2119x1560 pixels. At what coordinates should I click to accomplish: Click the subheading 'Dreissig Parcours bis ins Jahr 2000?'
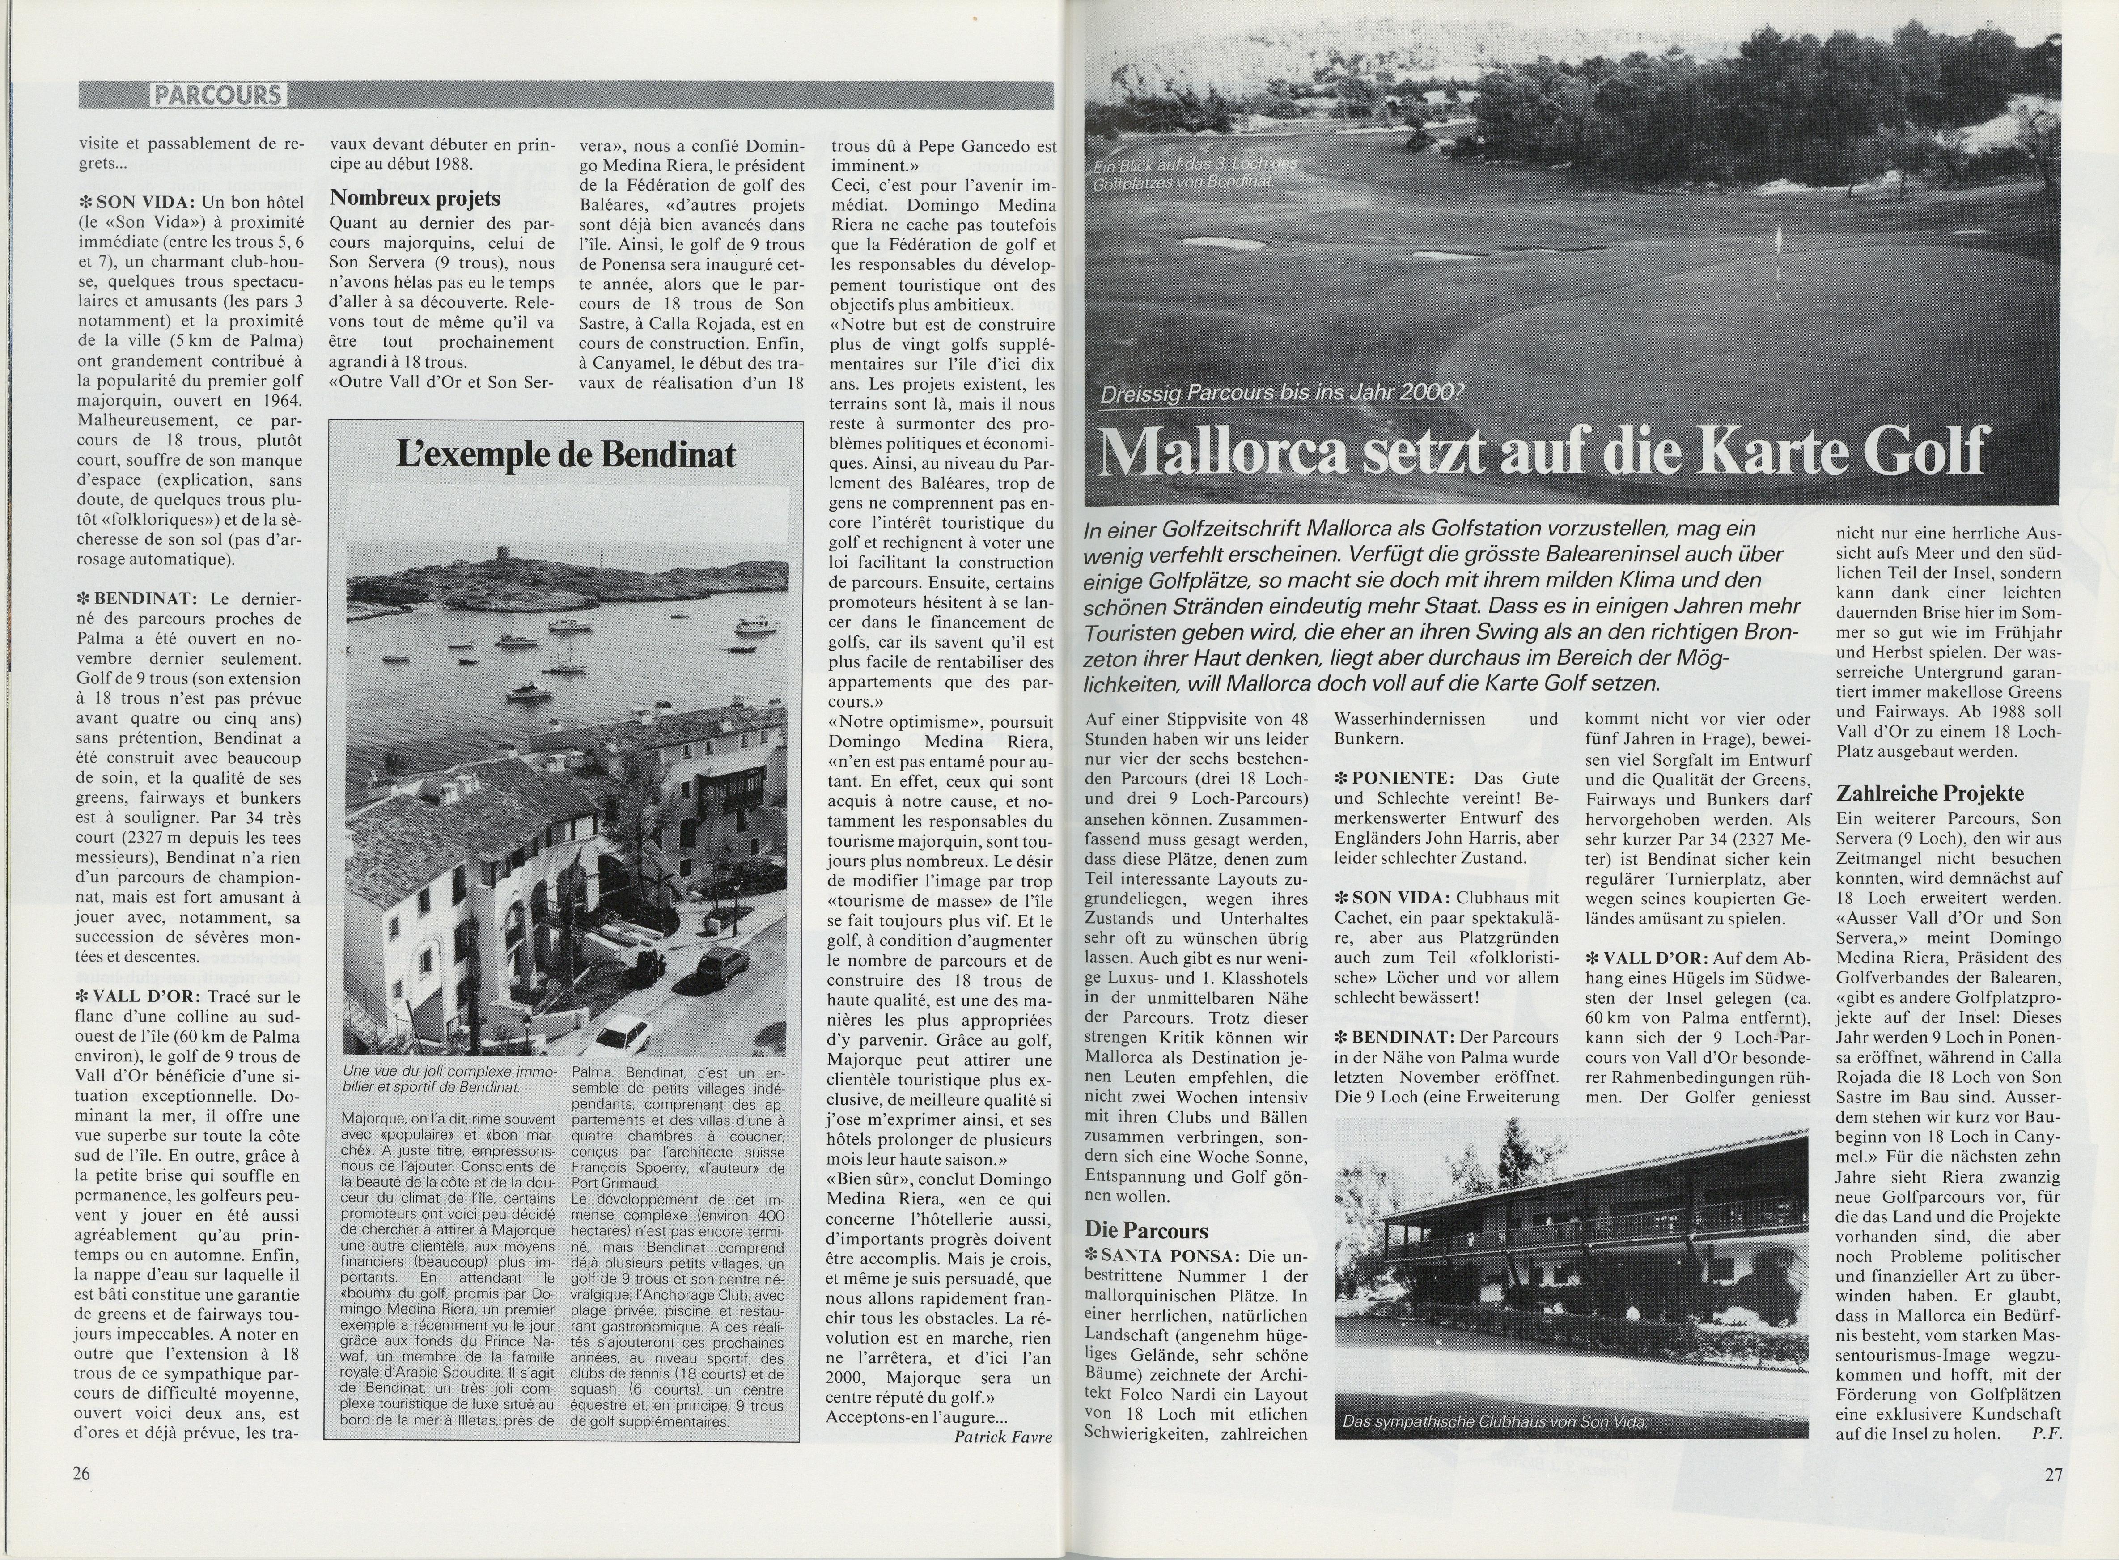[1280, 392]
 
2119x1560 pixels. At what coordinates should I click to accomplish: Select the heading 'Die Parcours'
[1146, 1230]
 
